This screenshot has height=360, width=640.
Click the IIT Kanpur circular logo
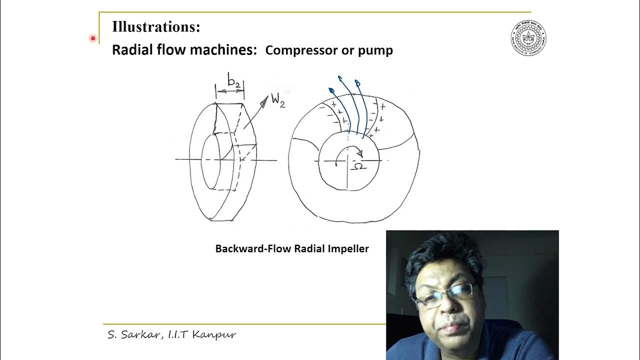(x=528, y=38)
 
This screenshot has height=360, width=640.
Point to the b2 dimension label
(x=233, y=79)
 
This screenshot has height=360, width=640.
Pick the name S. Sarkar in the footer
(x=131, y=334)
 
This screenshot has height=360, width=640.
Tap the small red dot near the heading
(x=93, y=38)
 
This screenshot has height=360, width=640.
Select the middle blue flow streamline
(x=350, y=105)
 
